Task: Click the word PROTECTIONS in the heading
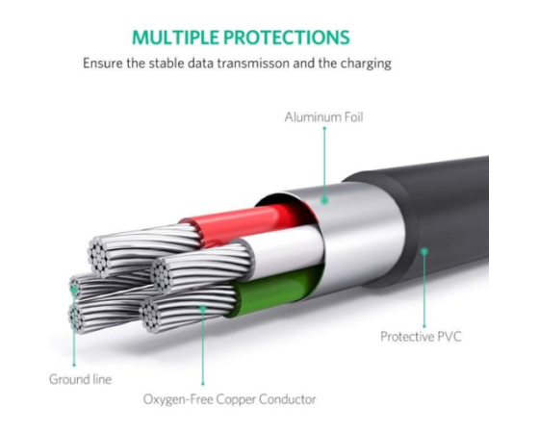287,38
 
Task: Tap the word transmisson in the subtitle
253,64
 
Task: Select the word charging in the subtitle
366,64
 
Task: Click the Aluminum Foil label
323,117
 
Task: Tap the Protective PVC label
421,336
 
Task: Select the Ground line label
81,379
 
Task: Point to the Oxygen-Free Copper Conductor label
230,399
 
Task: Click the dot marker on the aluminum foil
324,200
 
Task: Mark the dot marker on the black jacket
424,251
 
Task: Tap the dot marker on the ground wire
73,290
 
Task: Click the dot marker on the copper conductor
203,308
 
